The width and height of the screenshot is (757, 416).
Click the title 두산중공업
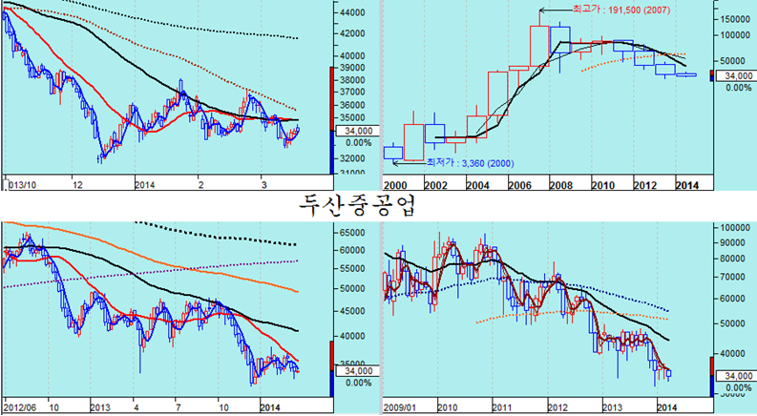[357, 206]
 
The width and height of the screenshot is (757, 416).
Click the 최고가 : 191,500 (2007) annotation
[620, 10]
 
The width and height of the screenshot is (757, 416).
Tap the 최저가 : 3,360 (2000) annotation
[470, 163]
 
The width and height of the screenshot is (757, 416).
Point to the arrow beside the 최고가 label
[556, 10]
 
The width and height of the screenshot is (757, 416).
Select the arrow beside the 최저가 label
[409, 163]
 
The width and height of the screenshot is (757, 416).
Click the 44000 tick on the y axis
[352, 12]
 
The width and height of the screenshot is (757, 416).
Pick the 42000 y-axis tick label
[352, 33]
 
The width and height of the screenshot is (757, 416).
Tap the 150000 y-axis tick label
[735, 19]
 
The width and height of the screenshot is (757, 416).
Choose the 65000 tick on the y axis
[352, 233]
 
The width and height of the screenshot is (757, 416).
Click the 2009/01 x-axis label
[400, 407]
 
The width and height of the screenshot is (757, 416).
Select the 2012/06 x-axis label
[20, 407]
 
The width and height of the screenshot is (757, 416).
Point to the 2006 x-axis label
[519, 185]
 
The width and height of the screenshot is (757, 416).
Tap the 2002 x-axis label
[435, 185]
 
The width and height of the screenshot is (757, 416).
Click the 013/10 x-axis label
[22, 185]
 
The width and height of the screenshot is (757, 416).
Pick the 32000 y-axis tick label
[352, 158]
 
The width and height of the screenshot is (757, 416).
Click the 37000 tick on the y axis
[352, 92]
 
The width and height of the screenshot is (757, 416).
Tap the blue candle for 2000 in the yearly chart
[393, 152]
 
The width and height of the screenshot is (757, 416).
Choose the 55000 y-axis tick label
[352, 269]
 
